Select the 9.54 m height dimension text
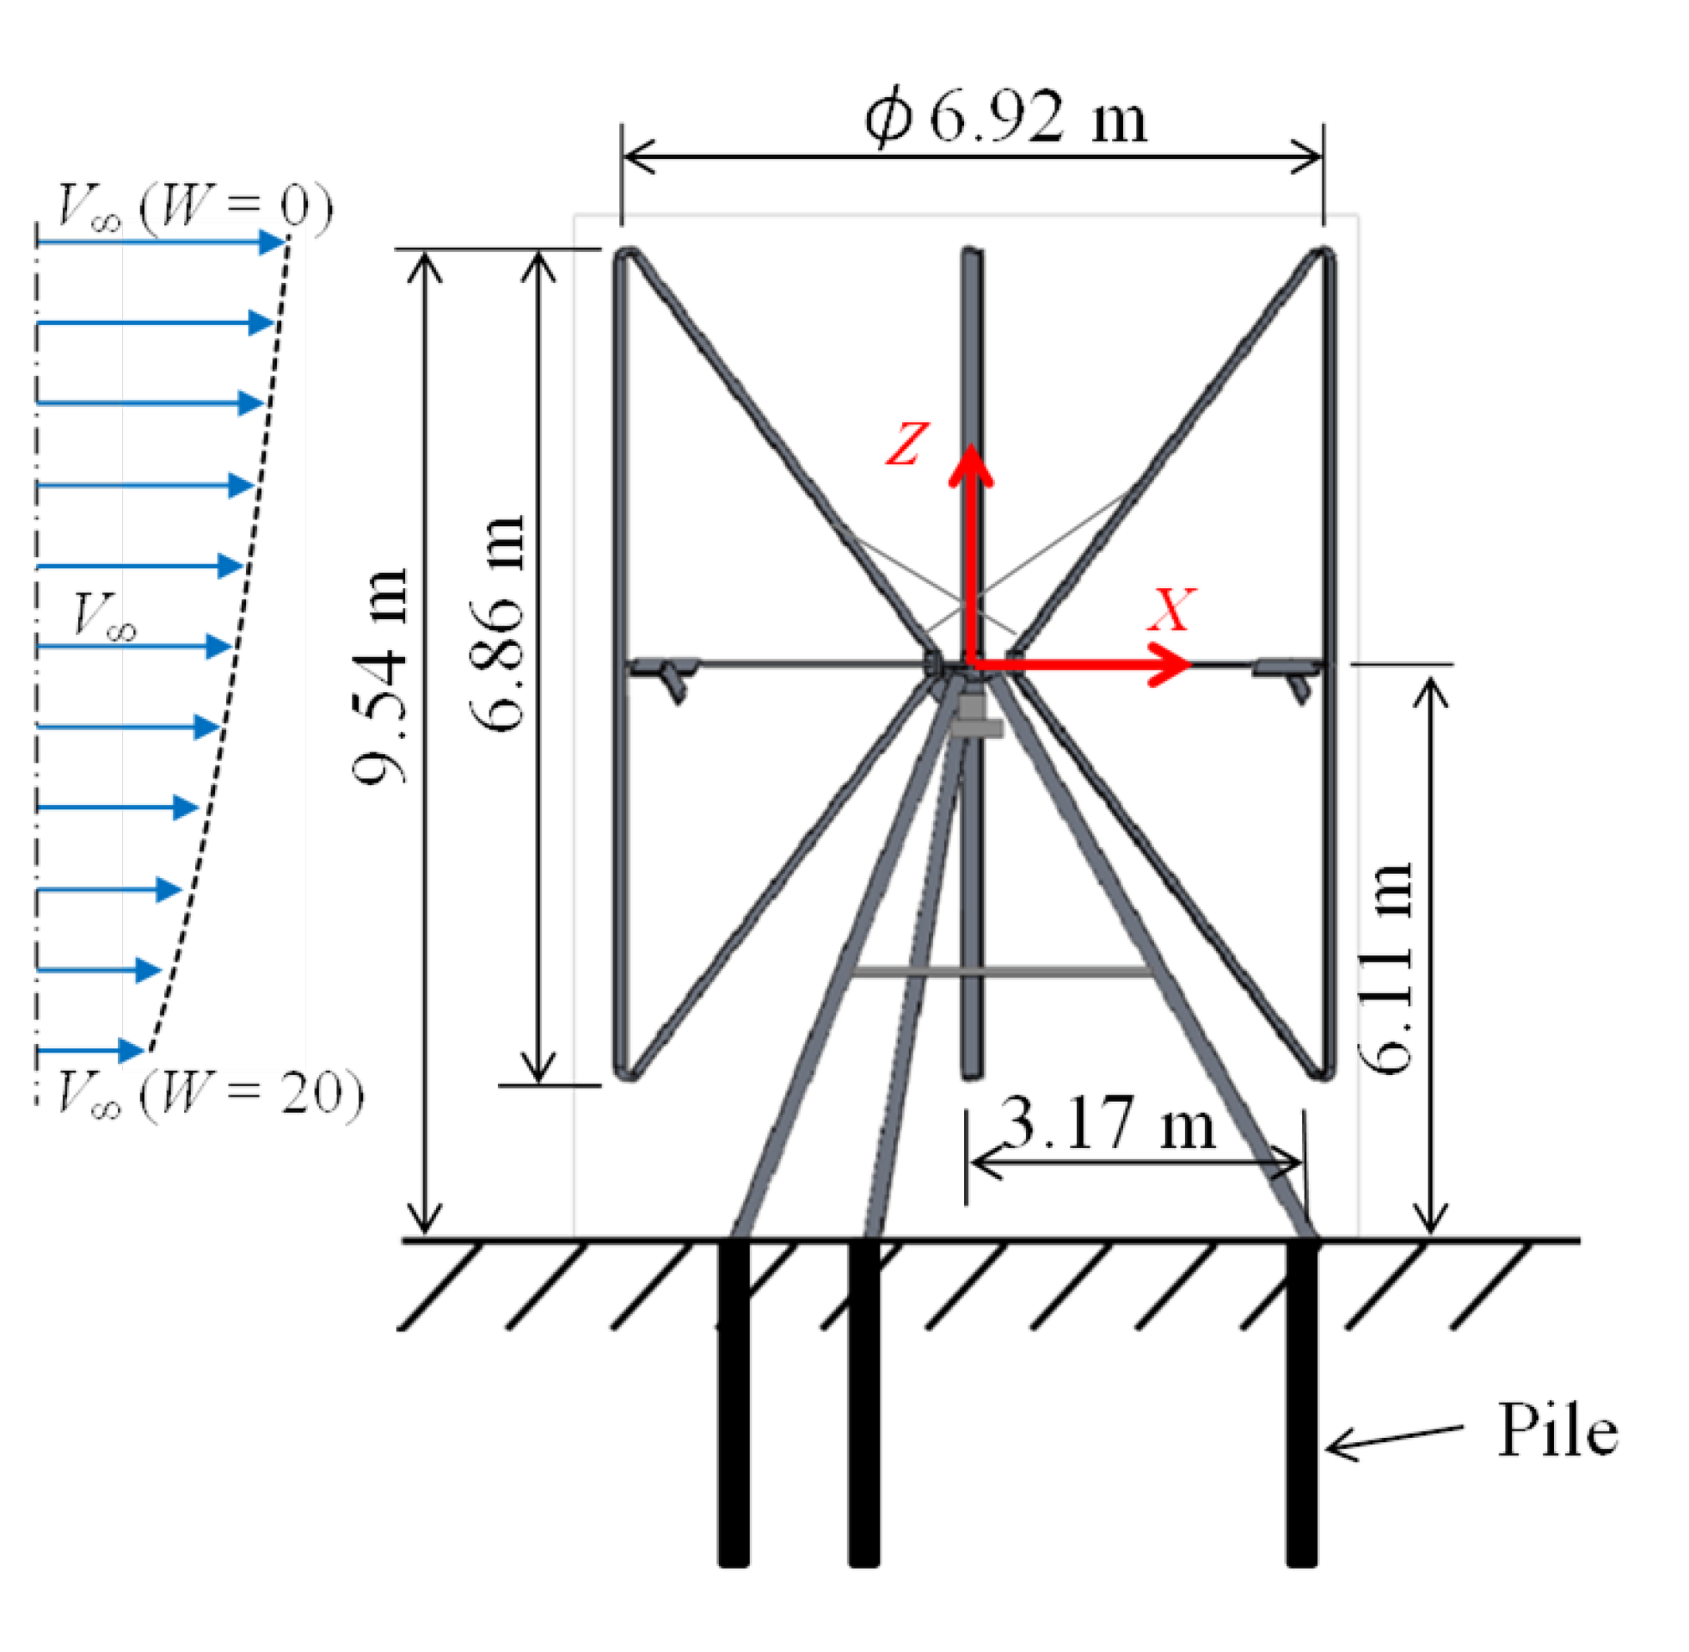coord(378,677)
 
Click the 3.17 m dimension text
coord(1108,1125)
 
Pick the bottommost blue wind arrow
coord(90,1051)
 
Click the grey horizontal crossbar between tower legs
coord(1002,972)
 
